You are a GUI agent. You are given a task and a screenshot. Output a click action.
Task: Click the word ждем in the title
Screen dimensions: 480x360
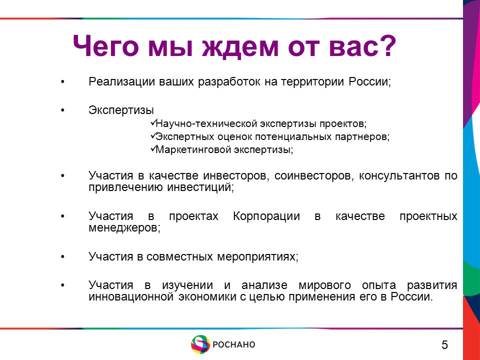[x=240, y=47]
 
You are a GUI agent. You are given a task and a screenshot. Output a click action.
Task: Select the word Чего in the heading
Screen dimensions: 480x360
[x=105, y=46]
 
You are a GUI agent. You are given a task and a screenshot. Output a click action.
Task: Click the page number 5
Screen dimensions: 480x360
[x=444, y=344]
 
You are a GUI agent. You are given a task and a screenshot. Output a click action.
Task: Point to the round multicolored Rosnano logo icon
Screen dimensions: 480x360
[x=200, y=344]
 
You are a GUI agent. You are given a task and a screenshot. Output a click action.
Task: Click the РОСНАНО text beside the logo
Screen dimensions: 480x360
[x=234, y=344]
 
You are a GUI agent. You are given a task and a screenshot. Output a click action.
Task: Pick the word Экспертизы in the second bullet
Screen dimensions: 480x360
[x=121, y=110]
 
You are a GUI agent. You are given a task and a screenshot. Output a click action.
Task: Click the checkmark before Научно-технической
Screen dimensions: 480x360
[x=153, y=122]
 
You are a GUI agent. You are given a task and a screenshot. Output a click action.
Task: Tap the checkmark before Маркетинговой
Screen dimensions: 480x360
[x=153, y=148]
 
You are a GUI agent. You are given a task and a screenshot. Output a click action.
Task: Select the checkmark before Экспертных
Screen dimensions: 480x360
[x=153, y=135]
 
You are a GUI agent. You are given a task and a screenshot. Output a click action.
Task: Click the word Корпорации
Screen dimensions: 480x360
[x=266, y=216]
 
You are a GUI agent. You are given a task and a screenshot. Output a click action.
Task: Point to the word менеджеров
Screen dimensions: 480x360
[x=124, y=228]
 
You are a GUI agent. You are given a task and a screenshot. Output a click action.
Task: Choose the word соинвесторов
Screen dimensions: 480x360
[x=313, y=176]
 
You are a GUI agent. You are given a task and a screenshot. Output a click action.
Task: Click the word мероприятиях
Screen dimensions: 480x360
[x=256, y=257]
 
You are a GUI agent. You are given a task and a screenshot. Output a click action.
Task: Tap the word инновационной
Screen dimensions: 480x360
[x=131, y=296]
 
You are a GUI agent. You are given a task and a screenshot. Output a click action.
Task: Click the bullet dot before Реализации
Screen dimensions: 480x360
[x=63, y=82]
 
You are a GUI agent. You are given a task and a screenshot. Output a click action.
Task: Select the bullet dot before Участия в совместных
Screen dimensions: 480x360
[x=63, y=257]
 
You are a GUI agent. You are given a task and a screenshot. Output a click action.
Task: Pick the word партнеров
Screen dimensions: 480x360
[x=361, y=137]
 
